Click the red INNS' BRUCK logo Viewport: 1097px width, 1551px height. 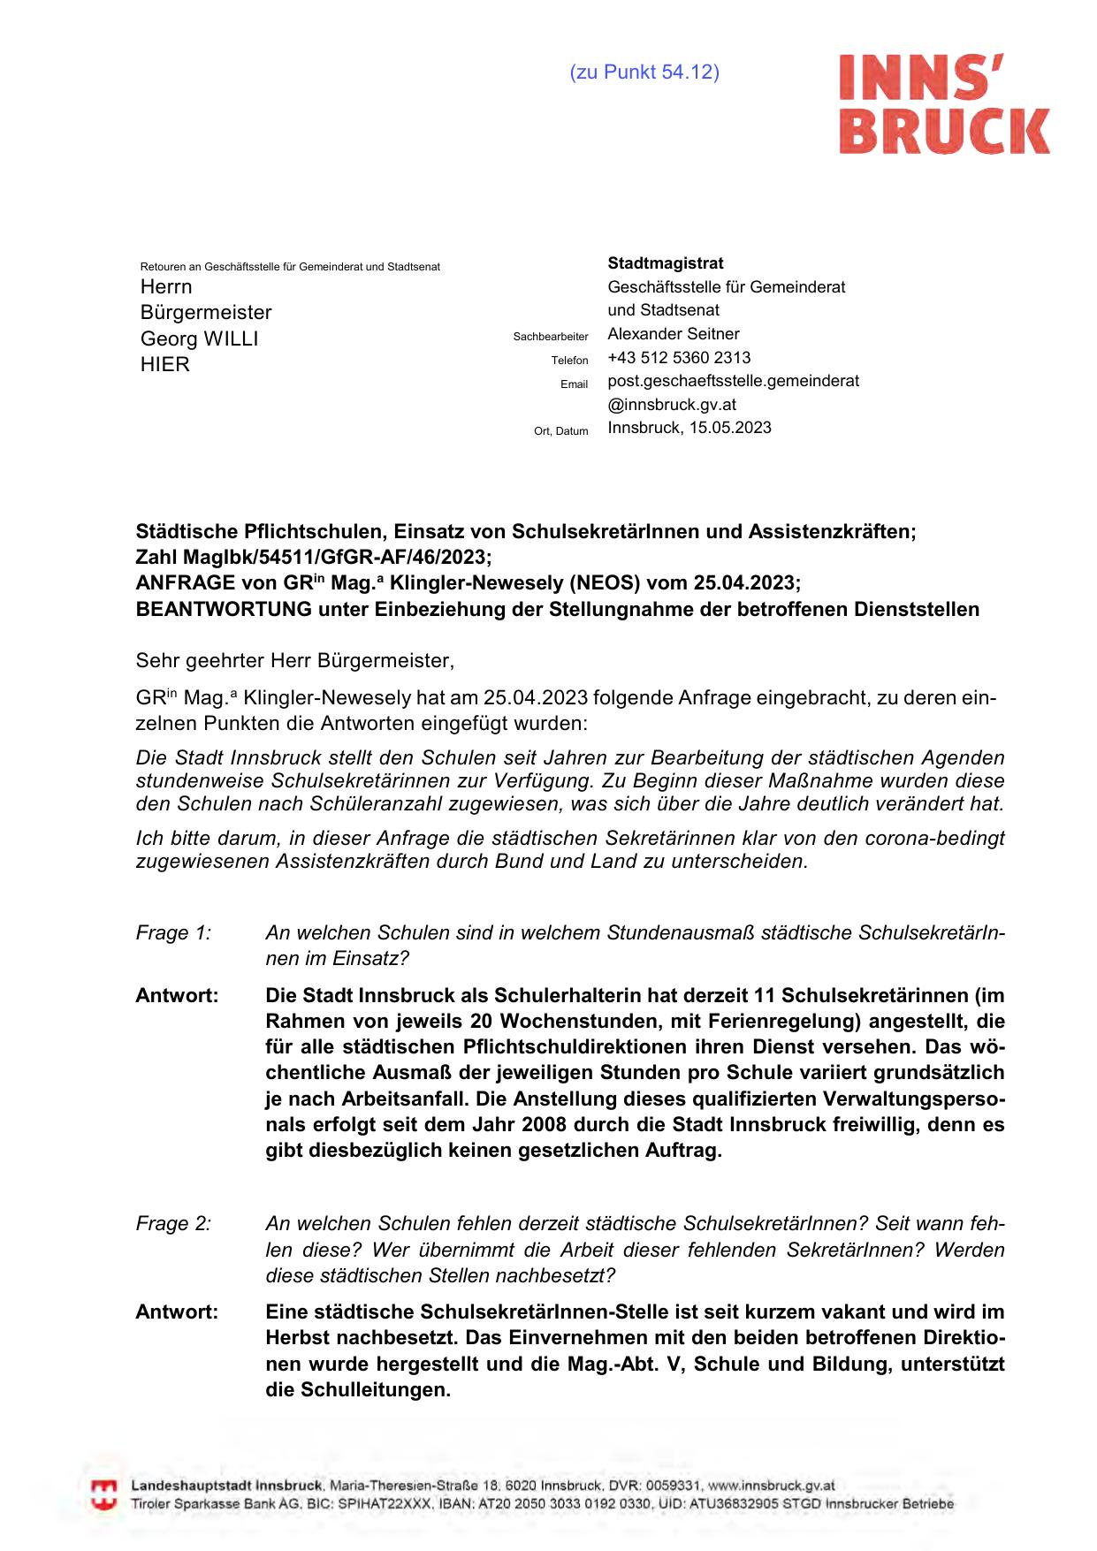pos(944,104)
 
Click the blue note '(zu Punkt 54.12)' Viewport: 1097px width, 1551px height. pos(644,72)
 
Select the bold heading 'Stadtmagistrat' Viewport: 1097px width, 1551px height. pos(666,263)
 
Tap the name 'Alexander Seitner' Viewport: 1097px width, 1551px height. pos(674,334)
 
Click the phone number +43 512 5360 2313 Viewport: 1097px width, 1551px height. pos(679,358)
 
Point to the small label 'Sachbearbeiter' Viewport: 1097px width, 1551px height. pos(551,337)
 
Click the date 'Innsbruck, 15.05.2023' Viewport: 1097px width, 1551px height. pos(689,428)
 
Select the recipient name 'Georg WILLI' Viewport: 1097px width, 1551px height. pos(200,339)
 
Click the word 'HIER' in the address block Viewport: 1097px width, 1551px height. pos(165,365)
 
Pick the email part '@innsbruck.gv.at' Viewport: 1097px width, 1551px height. pos(672,405)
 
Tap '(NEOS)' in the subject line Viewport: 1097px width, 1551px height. pos(604,583)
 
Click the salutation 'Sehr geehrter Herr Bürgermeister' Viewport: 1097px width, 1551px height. pos(293,660)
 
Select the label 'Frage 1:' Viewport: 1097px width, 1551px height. pos(173,933)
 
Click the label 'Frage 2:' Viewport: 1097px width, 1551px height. pos(173,1224)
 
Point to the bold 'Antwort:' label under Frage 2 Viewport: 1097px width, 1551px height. pos(177,1312)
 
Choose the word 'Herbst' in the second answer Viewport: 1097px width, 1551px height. pos(297,1338)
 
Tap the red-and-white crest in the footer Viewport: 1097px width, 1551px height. pos(104,1494)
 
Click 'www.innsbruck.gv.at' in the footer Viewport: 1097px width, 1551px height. pos(772,1486)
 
